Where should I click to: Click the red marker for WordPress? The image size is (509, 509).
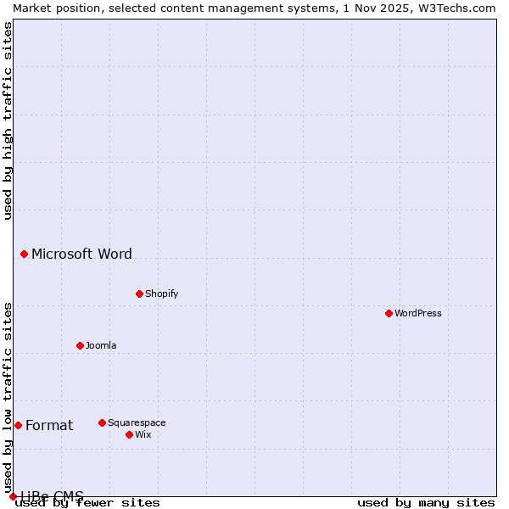(389, 313)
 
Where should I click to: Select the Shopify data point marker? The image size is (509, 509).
(139, 294)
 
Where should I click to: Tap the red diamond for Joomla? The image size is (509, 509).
(80, 345)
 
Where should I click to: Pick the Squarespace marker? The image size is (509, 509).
(102, 422)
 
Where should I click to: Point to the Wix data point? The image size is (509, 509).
(129, 434)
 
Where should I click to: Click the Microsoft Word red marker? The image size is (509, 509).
(24, 254)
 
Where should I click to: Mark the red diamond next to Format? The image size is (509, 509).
(18, 425)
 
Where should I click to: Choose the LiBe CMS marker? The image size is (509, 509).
(13, 496)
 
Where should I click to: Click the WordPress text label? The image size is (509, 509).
(418, 313)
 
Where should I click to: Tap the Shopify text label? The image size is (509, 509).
(161, 294)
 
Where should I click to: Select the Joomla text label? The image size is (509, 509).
(101, 345)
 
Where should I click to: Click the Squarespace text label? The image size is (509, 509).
(137, 422)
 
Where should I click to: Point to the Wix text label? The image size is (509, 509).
(143, 434)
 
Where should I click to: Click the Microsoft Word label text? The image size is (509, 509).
(81, 254)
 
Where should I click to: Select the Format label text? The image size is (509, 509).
(49, 425)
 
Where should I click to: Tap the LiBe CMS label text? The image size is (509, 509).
(53, 496)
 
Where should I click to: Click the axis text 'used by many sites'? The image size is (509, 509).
(426, 503)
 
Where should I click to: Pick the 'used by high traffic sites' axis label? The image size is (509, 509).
(8, 120)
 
